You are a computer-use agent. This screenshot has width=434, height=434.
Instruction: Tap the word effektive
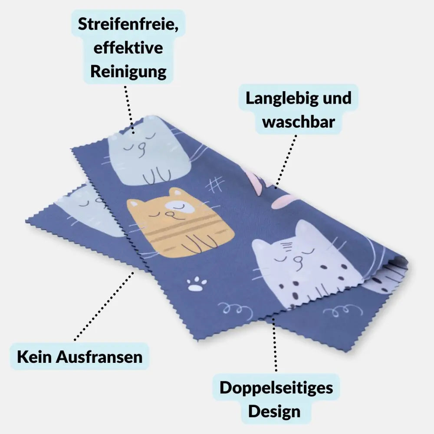(128, 48)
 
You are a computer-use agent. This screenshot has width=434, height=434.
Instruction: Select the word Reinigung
(128, 72)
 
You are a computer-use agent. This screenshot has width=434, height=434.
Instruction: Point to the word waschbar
(299, 122)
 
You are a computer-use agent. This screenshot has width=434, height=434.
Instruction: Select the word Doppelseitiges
(276, 388)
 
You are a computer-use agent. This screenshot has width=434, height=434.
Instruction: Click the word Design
(274, 411)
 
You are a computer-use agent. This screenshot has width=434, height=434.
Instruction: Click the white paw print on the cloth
(197, 284)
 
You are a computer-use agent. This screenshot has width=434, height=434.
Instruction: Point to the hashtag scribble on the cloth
(215, 184)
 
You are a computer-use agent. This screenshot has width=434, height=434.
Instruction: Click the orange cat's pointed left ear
(133, 204)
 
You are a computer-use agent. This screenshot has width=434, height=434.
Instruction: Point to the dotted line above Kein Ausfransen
(104, 306)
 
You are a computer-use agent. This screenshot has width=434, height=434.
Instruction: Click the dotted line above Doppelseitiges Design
(275, 345)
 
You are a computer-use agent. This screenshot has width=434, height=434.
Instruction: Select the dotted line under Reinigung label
(129, 110)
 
